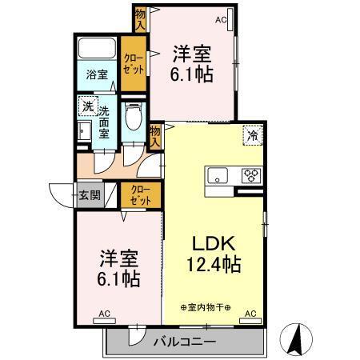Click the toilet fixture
pyautogui.click(x=134, y=120)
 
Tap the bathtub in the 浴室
pyautogui.click(x=98, y=49)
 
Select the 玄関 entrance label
pyautogui.click(x=90, y=194)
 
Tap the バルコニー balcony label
pyautogui.click(x=184, y=342)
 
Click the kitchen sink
pyautogui.click(x=218, y=175)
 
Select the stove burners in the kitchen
pyautogui.click(x=250, y=175)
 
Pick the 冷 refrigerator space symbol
pyautogui.click(x=252, y=135)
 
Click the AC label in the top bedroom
pyautogui.click(x=221, y=19)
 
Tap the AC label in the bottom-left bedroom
pyautogui.click(x=104, y=313)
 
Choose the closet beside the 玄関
pyautogui.click(x=140, y=194)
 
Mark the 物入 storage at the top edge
pyautogui.click(x=141, y=18)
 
